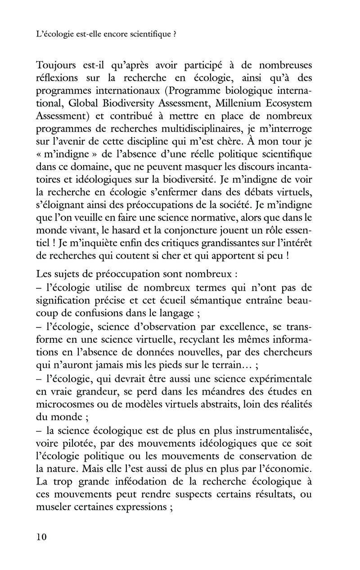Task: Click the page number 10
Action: [x=40, y=537]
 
